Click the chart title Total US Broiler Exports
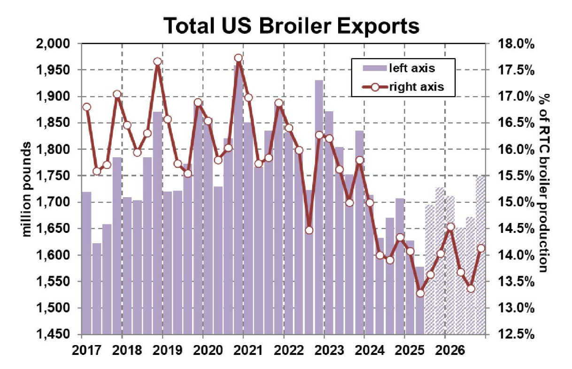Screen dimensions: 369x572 [291, 25]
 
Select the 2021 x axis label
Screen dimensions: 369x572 [244, 350]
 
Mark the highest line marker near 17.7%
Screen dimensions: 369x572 [238, 58]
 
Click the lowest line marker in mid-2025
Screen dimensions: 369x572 [420, 293]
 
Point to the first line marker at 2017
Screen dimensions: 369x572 [86, 107]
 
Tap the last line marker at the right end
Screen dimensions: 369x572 [481, 248]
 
